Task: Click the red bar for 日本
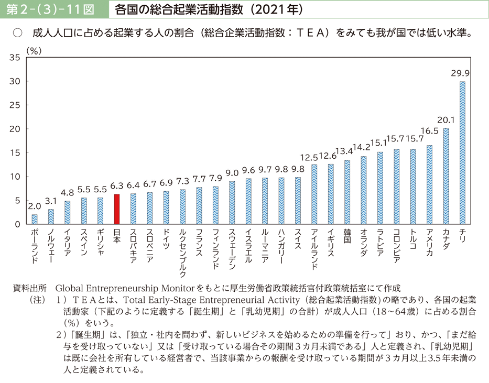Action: (x=117, y=209)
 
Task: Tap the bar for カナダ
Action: (x=445, y=176)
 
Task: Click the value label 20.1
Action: (x=445, y=120)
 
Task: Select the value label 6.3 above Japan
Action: (x=117, y=185)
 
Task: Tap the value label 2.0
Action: (x=35, y=206)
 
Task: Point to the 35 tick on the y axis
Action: (x=15, y=58)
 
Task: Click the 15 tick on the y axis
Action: (x=15, y=153)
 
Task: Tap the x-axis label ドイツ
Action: (x=166, y=238)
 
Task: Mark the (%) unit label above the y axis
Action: (x=33, y=50)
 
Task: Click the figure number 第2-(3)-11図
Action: (x=51, y=9)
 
